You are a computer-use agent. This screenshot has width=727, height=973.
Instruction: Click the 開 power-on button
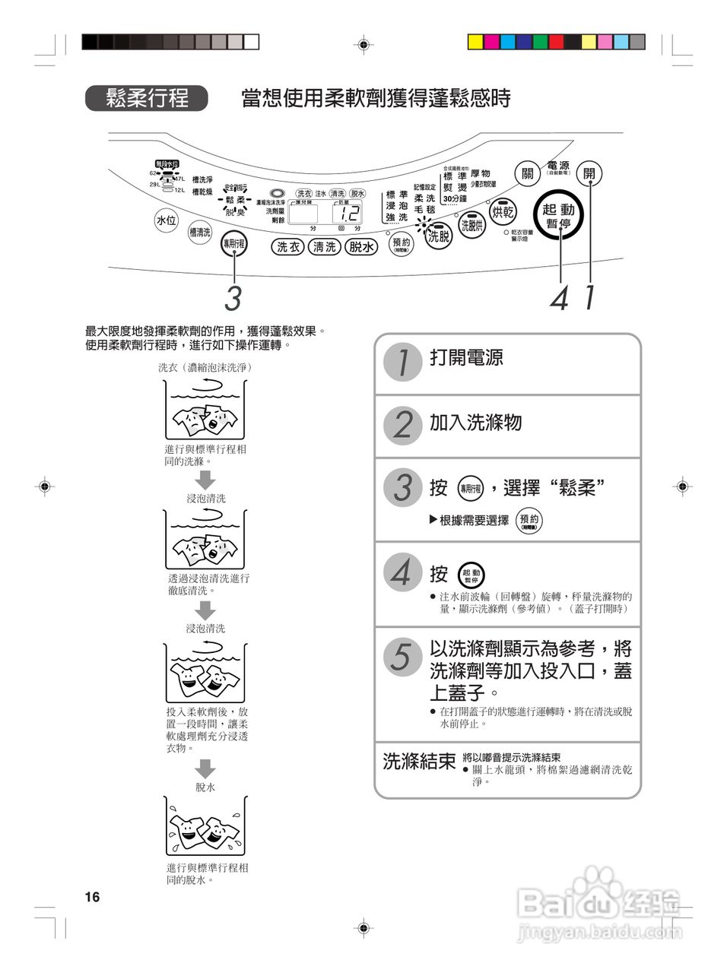point(589,173)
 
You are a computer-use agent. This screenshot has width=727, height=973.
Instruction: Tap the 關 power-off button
point(527,173)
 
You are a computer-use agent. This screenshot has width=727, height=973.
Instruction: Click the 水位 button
point(166,220)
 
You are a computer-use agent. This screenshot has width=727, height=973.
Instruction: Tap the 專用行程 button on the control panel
point(233,243)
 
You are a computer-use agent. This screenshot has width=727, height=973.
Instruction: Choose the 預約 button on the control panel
point(401,244)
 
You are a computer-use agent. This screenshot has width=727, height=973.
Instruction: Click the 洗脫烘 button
point(473,224)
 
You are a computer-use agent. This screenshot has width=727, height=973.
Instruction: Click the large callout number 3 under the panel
point(233,298)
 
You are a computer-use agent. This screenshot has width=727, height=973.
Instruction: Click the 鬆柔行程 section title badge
point(147,98)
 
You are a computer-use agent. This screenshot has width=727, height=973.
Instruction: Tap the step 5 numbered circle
point(402,656)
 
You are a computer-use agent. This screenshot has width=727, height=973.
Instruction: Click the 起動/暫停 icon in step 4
point(471,575)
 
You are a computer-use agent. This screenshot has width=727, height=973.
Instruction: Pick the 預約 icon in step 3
point(529,521)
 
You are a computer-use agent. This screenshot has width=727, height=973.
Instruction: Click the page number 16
point(92,897)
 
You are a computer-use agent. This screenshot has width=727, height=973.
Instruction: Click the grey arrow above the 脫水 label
point(205,768)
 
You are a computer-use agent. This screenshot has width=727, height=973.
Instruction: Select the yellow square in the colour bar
point(475,42)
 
